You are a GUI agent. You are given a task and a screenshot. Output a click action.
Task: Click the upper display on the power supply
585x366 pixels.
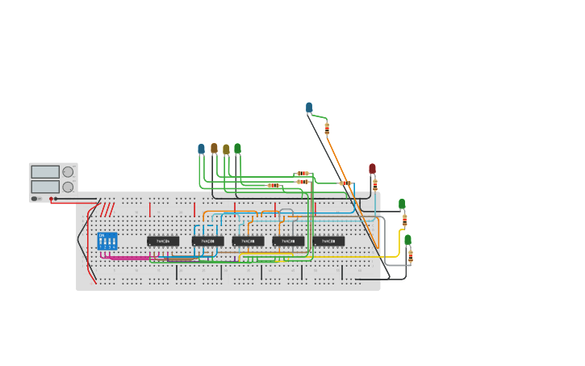pos(45,171)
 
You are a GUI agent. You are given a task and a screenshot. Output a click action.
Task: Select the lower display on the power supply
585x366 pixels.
pos(45,187)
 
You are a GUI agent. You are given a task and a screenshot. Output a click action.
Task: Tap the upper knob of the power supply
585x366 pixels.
pos(68,171)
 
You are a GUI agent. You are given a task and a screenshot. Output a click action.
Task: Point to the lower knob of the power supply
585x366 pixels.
pos(68,187)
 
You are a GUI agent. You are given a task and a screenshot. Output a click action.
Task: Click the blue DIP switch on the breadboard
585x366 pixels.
pos(107,241)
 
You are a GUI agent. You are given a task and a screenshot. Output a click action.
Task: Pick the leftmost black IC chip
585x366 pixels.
pos(163,241)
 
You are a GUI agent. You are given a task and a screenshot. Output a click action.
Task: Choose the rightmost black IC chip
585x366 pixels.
pos(328,241)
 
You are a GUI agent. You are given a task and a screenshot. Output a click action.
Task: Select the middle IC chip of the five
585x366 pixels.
pos(248,241)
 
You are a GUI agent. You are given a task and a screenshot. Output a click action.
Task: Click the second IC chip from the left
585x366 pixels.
pos(207,241)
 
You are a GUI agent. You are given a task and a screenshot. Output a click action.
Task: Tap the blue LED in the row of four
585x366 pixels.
pos(202,149)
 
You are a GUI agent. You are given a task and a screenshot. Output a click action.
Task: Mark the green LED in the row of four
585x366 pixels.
pos(237,149)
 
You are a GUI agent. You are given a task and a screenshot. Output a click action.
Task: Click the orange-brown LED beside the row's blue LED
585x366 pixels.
pos(214,149)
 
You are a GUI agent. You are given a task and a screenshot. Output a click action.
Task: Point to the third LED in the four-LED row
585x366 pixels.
pos(226,149)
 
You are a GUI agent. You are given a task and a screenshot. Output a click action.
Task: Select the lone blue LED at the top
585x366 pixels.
pos(309,107)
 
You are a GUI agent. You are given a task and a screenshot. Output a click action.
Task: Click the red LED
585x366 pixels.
pos(372,168)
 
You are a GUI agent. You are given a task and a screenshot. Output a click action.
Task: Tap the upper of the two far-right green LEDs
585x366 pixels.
pos(402,204)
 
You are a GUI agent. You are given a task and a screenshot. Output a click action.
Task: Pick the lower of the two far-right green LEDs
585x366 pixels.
pos(407,239)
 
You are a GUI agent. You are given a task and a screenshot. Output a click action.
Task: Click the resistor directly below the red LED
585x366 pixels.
pos(374,185)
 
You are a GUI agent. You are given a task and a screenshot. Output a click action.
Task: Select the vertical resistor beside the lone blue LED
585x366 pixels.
pos(327,128)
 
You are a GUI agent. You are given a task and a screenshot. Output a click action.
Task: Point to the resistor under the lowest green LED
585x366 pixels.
pos(410,256)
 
